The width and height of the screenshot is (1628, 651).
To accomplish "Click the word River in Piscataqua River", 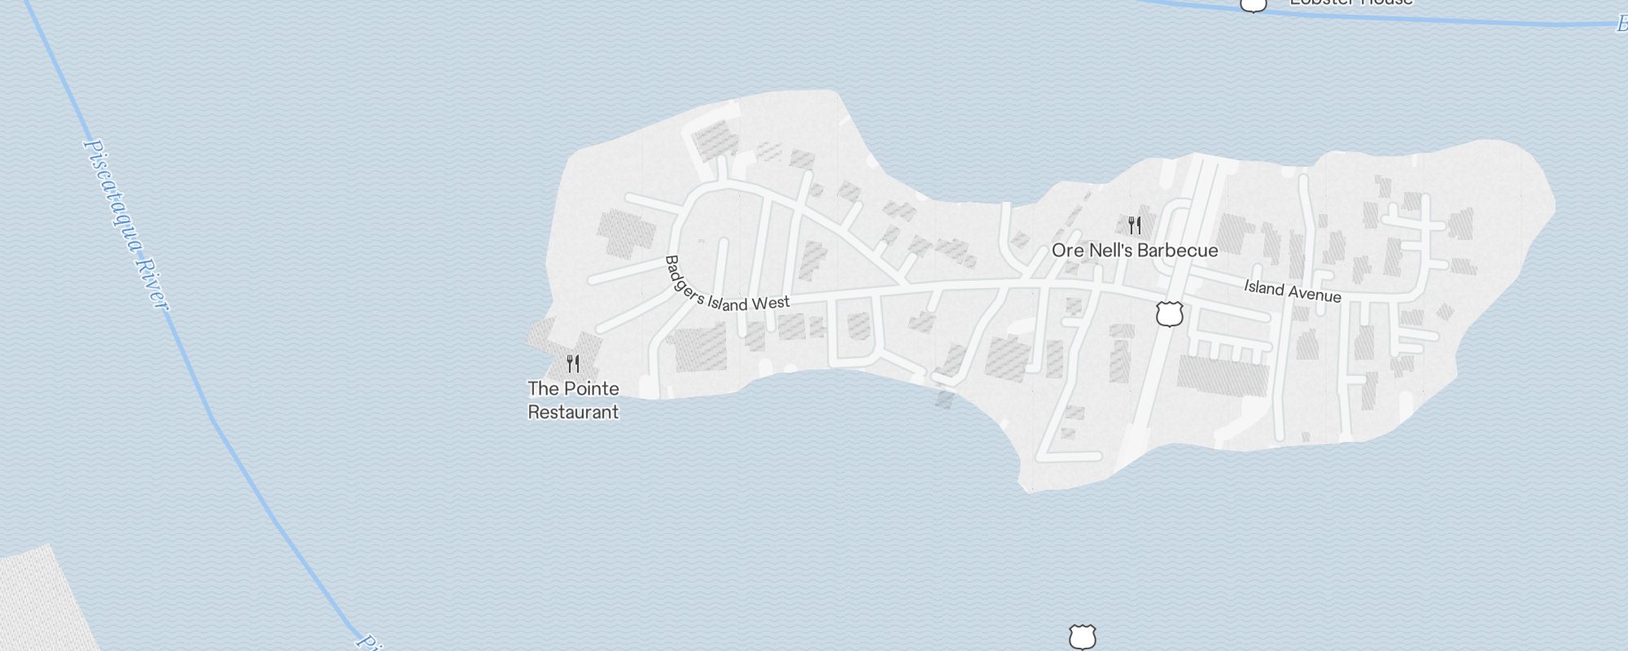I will coord(152,282).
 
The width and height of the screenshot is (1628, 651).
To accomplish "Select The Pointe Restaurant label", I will coord(573,400).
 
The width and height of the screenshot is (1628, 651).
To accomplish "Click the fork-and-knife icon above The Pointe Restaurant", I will coord(573,363).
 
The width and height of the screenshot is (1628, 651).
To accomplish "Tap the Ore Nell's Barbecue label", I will coord(1135,251).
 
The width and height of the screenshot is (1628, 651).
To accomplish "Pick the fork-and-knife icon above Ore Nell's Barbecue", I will coord(1135,225).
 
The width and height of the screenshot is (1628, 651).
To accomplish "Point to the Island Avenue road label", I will coord(1292,291).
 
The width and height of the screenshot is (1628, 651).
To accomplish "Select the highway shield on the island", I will coord(1169,313).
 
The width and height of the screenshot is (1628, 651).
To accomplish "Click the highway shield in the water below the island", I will coord(1082,637).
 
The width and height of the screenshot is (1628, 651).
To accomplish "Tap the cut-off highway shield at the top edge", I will coord(1254,4).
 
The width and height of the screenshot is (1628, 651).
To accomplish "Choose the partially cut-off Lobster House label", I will coord(1351,2).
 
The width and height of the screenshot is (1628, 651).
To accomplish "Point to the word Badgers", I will coord(683,280).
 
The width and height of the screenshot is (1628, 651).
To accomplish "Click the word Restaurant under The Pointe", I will coord(573,412).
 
